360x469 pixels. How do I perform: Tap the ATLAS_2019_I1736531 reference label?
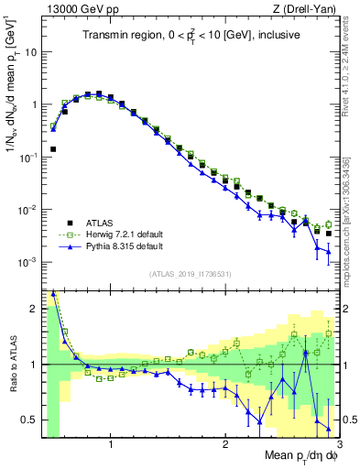coord(190,274)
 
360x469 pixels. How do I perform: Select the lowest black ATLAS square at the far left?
coord(53,148)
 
